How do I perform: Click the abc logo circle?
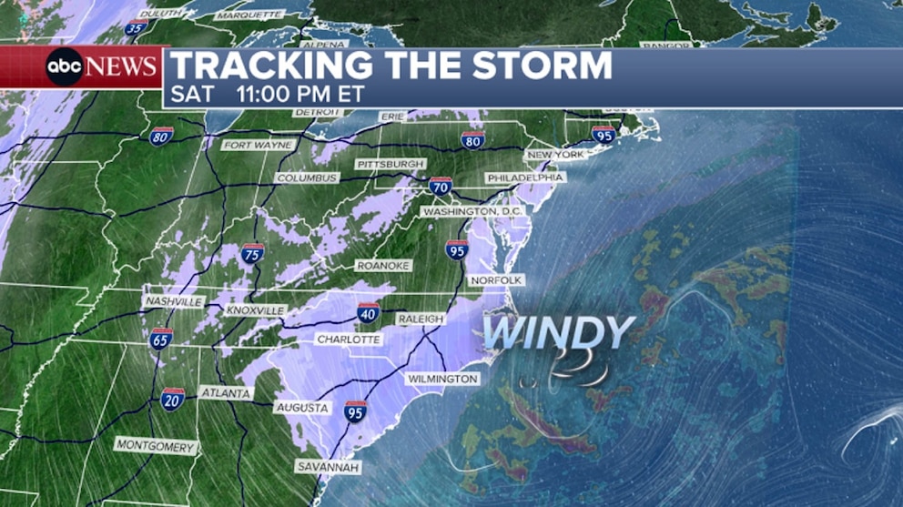[x=65, y=66]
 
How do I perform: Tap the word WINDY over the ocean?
[x=557, y=333]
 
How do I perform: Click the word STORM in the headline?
[x=538, y=66]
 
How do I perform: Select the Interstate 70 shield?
[x=441, y=187]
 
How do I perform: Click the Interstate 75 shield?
[x=253, y=253]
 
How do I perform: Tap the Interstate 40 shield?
[x=369, y=312]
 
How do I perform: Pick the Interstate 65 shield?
[x=161, y=339]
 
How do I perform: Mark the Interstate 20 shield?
[x=173, y=398]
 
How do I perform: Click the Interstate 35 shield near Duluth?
[x=136, y=28]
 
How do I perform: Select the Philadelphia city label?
[x=525, y=177]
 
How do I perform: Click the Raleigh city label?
[x=420, y=319]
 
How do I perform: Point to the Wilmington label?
[x=442, y=378]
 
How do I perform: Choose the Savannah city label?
[x=329, y=467]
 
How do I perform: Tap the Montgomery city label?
[x=156, y=446]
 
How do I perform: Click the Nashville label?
[x=173, y=301]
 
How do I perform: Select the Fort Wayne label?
[x=259, y=145]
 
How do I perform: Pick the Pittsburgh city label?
[x=391, y=164]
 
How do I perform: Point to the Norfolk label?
[x=496, y=279]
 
